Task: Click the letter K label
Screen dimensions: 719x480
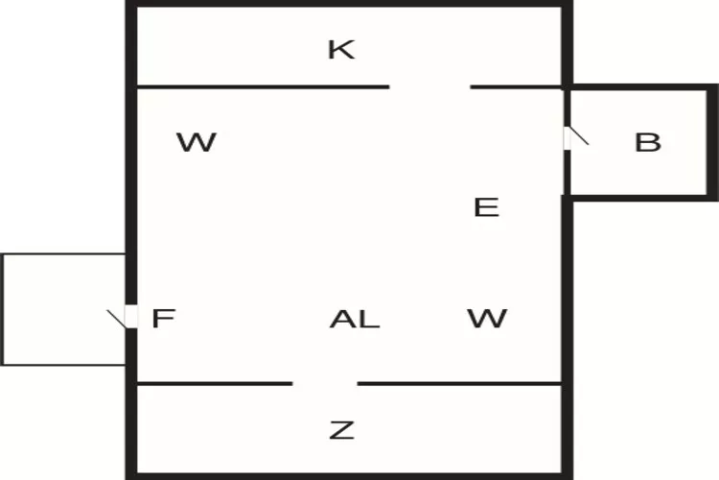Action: point(341,50)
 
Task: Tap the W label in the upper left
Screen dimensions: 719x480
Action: point(197,142)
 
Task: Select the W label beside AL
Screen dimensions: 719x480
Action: point(487,319)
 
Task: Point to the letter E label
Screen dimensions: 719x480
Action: point(486,207)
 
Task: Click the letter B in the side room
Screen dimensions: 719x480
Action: point(648,142)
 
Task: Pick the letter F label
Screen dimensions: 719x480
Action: point(163,319)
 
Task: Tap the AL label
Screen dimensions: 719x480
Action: point(355,320)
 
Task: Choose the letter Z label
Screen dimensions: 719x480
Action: point(342,430)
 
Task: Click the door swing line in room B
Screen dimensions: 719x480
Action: point(579,136)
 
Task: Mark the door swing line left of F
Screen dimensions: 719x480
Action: point(116,320)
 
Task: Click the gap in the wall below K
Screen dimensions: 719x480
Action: point(429,86)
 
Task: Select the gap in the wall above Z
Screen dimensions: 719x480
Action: point(325,383)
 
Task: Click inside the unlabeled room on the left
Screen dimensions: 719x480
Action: point(64,309)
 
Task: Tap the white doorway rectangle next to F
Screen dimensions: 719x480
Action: point(131,317)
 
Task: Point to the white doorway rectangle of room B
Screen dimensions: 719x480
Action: point(568,138)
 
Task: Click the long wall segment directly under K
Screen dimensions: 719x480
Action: point(264,86)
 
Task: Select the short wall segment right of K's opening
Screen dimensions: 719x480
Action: point(517,86)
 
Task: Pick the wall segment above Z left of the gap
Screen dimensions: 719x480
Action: point(215,383)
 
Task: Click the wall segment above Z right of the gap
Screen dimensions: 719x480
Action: point(460,383)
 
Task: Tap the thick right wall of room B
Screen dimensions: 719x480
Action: point(712,142)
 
